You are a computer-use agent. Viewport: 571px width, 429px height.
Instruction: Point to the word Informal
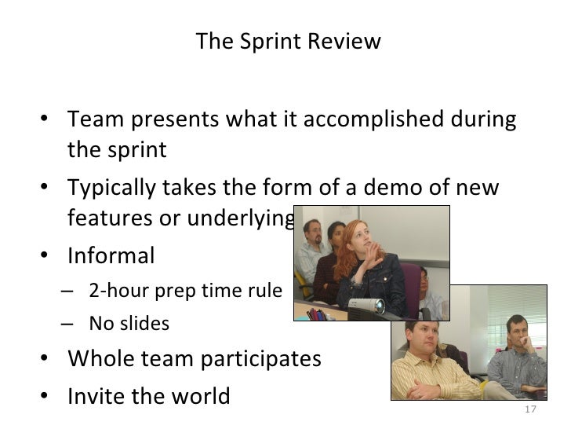point(111,256)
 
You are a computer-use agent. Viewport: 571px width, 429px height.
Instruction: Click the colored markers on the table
point(318,313)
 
